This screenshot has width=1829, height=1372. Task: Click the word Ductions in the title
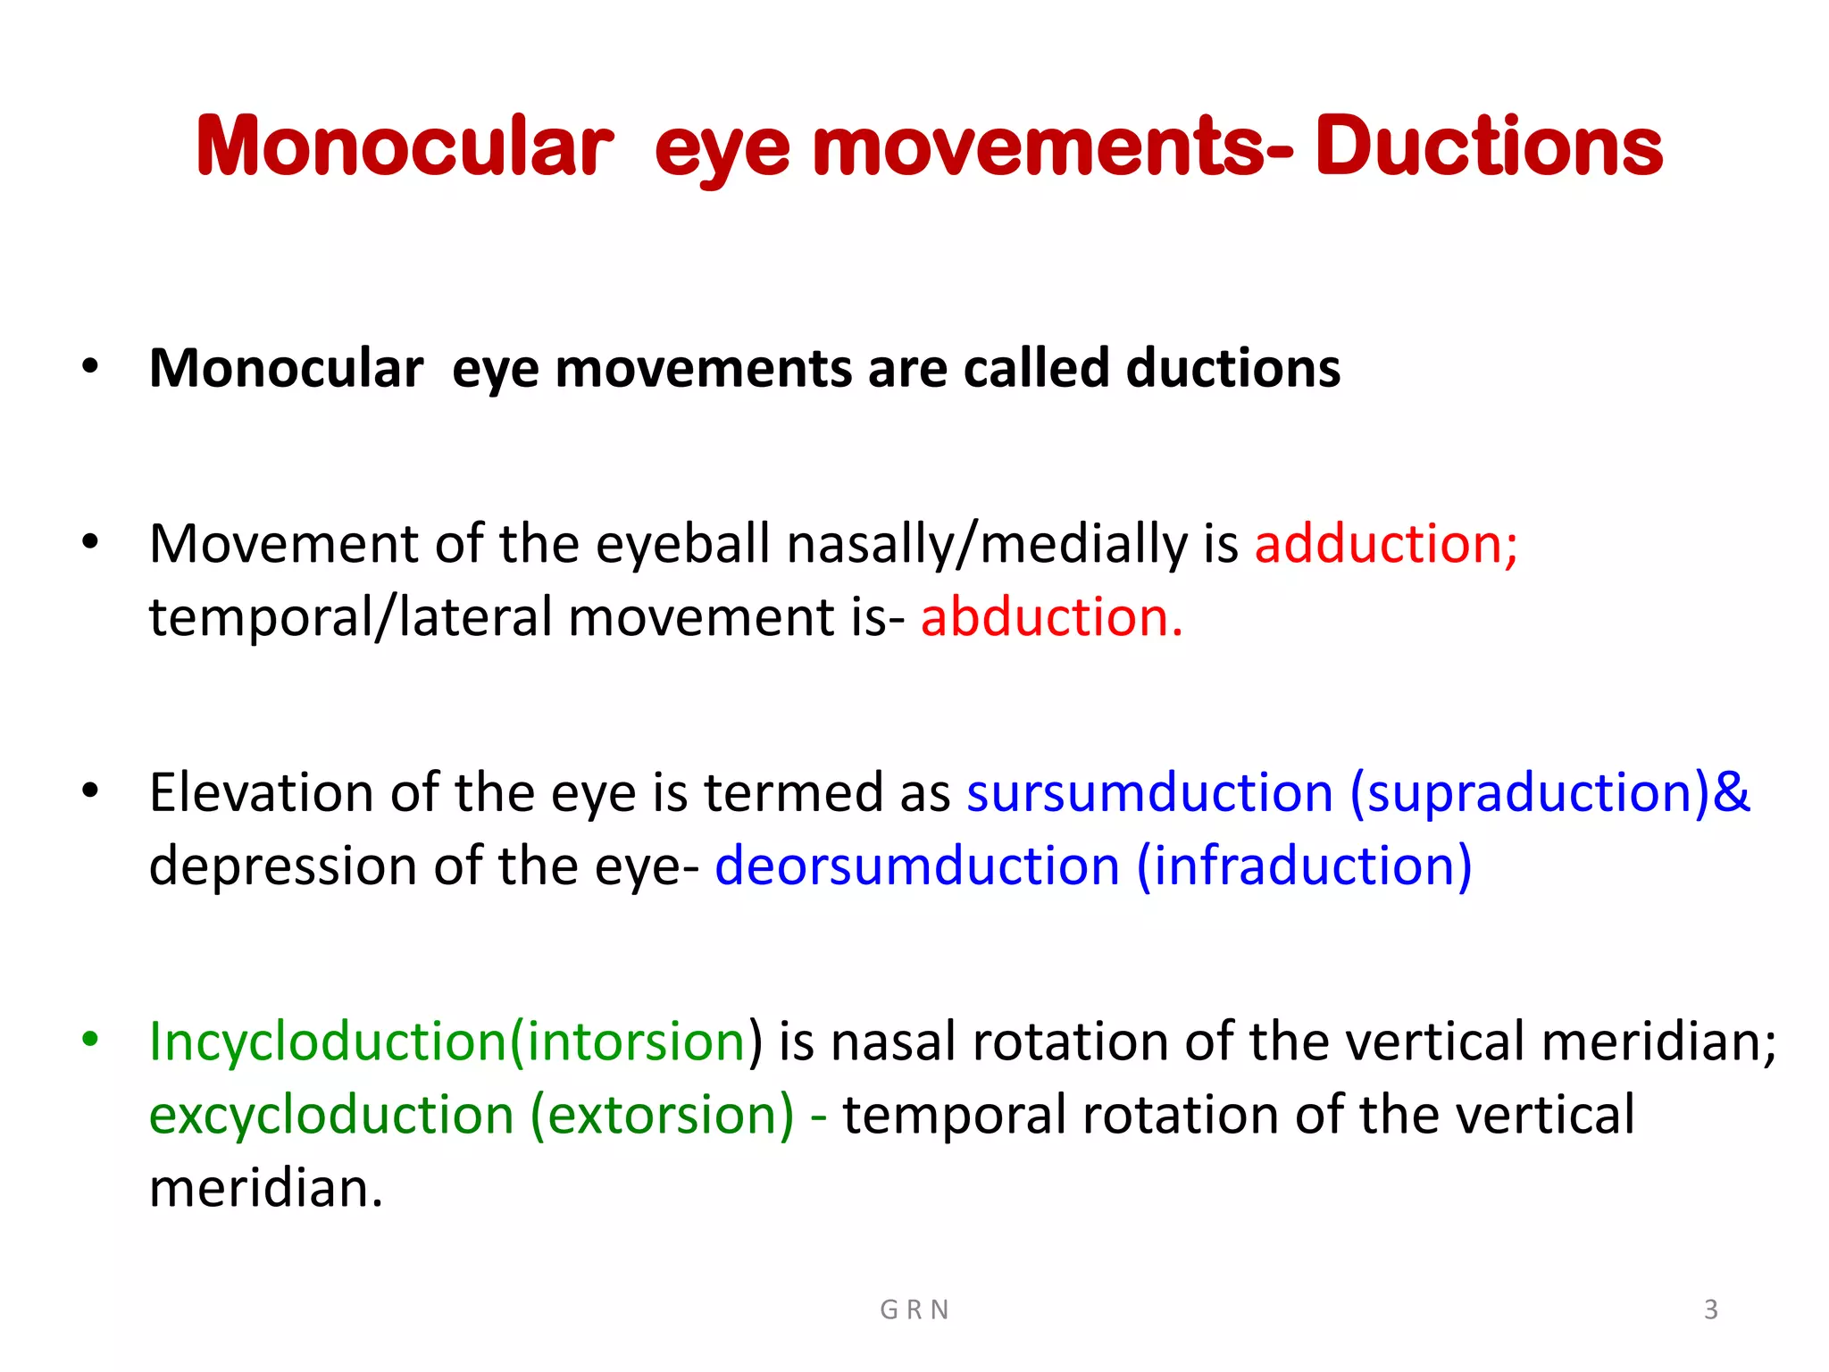pos(1489,147)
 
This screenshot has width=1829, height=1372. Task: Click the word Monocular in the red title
pos(405,147)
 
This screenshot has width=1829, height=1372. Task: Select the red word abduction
pos(1051,617)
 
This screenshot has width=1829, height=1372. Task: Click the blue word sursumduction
pos(1149,793)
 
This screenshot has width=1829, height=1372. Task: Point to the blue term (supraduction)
pos(1530,793)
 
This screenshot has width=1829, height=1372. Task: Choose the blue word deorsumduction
pos(917,866)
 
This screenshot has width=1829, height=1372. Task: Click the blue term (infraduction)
pos(1304,866)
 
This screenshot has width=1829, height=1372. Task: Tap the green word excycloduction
pos(331,1116)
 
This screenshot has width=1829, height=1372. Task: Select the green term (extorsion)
pos(662,1116)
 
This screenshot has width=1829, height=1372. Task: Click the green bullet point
pos(89,1040)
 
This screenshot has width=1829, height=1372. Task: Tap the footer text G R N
pos(914,1309)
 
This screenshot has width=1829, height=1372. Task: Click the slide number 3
pos(1710,1309)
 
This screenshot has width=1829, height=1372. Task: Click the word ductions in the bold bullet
pos(1233,369)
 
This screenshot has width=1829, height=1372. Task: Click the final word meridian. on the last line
pos(265,1189)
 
